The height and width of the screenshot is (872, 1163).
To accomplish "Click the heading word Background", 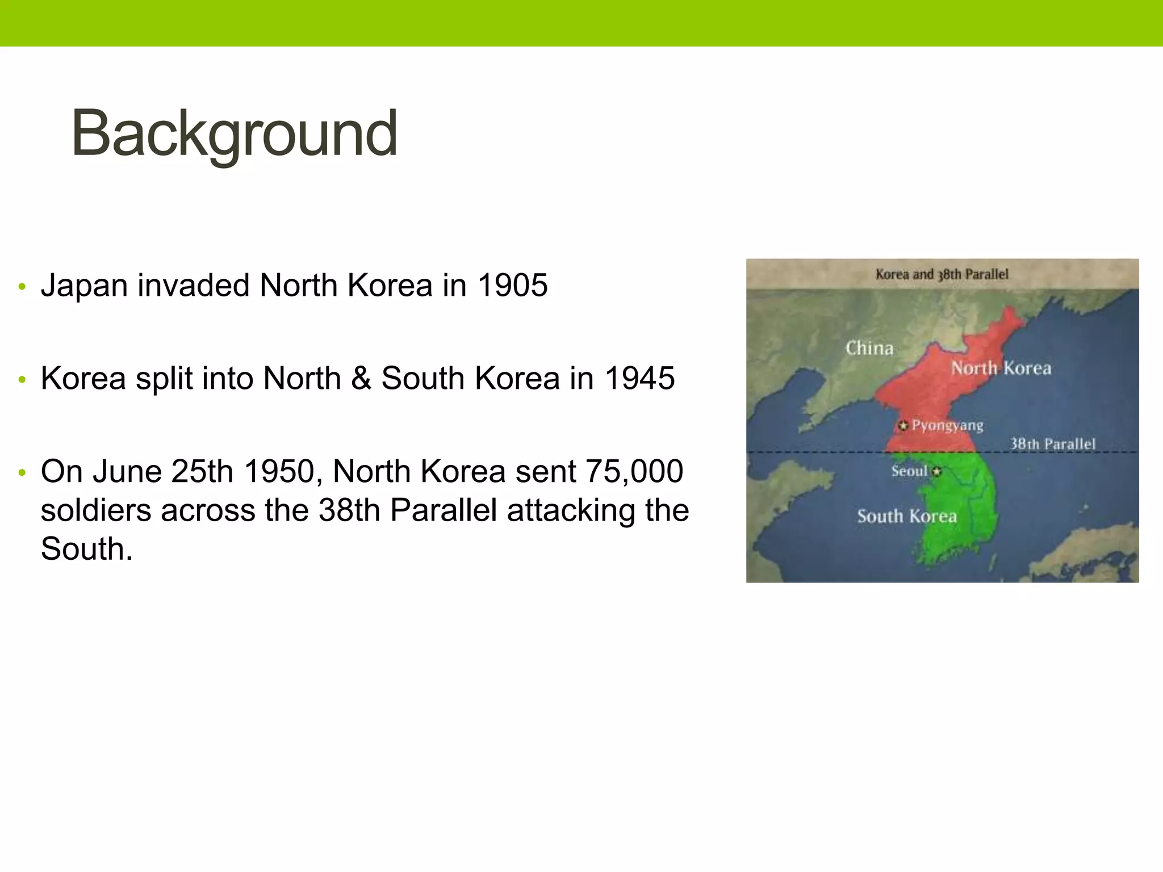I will click(234, 134).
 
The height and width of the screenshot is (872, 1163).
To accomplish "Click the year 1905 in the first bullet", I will click(512, 285).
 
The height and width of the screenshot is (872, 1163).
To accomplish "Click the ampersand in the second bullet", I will click(361, 378).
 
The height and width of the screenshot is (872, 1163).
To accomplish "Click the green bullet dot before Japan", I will click(22, 287).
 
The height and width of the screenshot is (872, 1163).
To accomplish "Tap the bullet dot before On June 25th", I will click(22, 473).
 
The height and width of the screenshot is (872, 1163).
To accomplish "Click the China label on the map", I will click(869, 348).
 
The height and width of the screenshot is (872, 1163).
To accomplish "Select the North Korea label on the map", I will click(1001, 368).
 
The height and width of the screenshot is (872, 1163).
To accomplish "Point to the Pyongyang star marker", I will click(903, 425).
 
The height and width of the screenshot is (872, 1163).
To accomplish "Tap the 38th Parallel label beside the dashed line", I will click(1052, 444).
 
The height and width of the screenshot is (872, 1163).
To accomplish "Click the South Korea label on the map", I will click(907, 516).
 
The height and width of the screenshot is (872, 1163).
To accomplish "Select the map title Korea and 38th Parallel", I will click(942, 274).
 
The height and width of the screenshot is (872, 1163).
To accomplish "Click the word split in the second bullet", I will click(164, 378).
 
